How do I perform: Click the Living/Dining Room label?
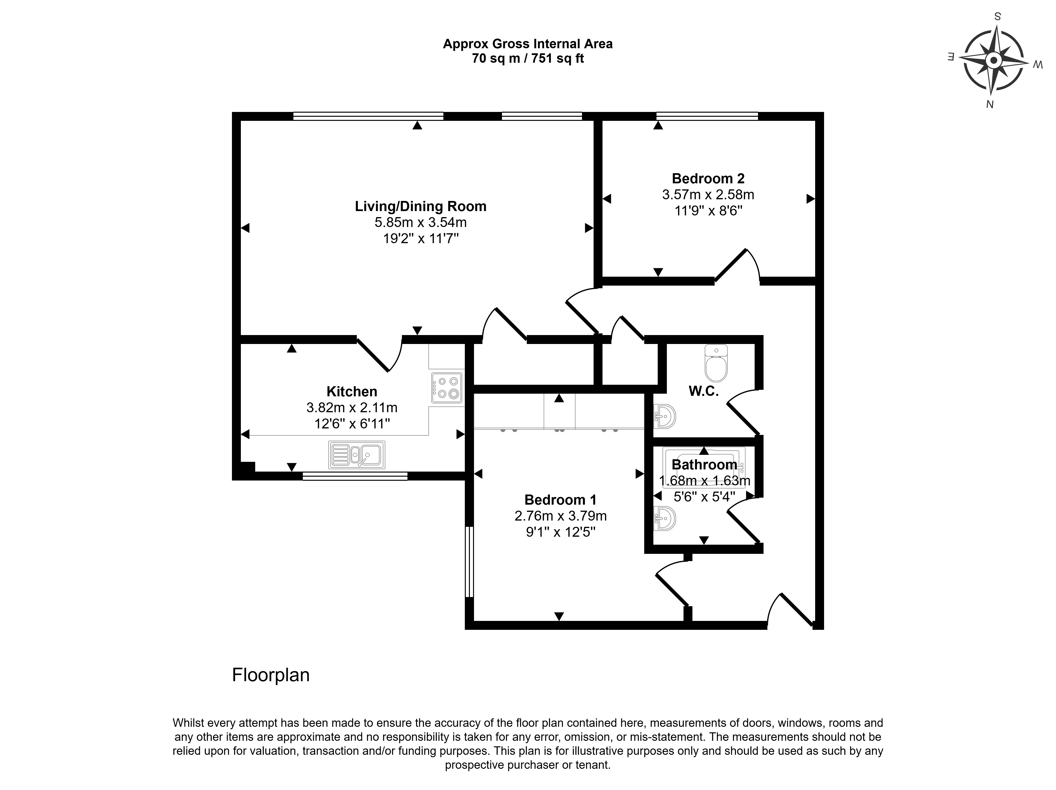(420, 206)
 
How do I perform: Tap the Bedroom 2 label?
(708, 179)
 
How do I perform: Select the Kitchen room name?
(352, 392)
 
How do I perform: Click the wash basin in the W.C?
(664, 417)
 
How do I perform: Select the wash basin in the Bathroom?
(664, 518)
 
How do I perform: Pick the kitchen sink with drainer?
(357, 455)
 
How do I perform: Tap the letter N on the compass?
(990, 104)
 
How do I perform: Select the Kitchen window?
(355, 476)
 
